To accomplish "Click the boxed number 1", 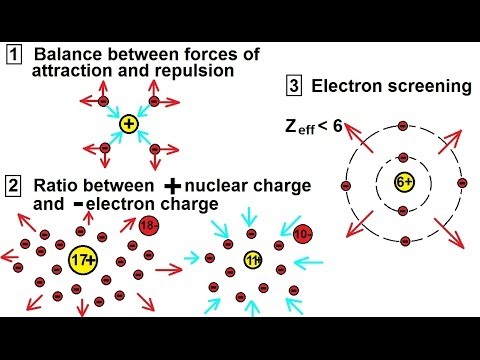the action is pyautogui.click(x=14, y=55).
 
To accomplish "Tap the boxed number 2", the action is pyautogui.click(x=13, y=186).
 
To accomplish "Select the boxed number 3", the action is pyautogui.click(x=294, y=86).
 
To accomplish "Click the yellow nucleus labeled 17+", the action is pyautogui.click(x=83, y=260).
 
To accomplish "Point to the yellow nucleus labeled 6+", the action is pyautogui.click(x=405, y=182).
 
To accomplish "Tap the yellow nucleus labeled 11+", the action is pyautogui.click(x=253, y=260).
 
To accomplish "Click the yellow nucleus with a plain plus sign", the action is pyautogui.click(x=129, y=124).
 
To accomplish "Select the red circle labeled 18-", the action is pyautogui.click(x=149, y=226).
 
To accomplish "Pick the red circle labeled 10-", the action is pyautogui.click(x=303, y=234).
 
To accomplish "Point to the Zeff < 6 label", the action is pyautogui.click(x=314, y=127).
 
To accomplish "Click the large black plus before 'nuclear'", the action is pyautogui.click(x=173, y=186).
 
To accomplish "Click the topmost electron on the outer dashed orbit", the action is pyautogui.click(x=403, y=126).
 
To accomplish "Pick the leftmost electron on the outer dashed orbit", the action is pyautogui.click(x=346, y=186).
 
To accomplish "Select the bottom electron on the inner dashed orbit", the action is pyautogui.click(x=403, y=211).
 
